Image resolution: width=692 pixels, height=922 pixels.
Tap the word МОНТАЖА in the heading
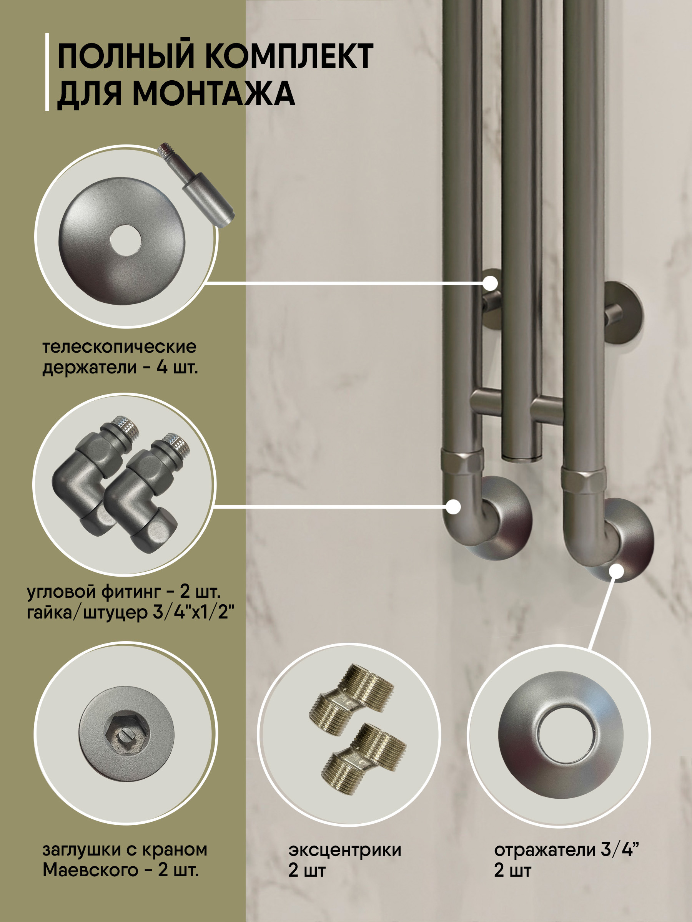(x=214, y=93)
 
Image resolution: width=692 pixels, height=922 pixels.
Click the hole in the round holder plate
(x=126, y=240)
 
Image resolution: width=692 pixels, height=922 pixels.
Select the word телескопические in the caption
(x=119, y=347)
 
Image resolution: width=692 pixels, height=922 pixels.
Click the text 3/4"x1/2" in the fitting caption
(x=193, y=613)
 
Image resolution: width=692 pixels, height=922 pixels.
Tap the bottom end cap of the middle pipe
(x=521, y=457)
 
